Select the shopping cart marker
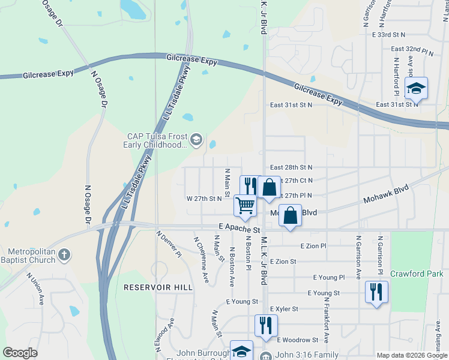(x=245, y=206)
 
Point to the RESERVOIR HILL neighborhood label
(x=158, y=287)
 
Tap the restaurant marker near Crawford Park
(x=376, y=292)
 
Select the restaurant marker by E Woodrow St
(x=266, y=325)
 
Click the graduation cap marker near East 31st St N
(x=415, y=89)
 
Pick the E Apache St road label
(x=239, y=229)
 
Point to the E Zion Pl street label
(x=313, y=246)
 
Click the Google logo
(x=20, y=352)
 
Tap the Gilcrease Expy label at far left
(x=48, y=74)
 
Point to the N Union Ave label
(x=35, y=287)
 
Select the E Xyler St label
(x=284, y=308)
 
